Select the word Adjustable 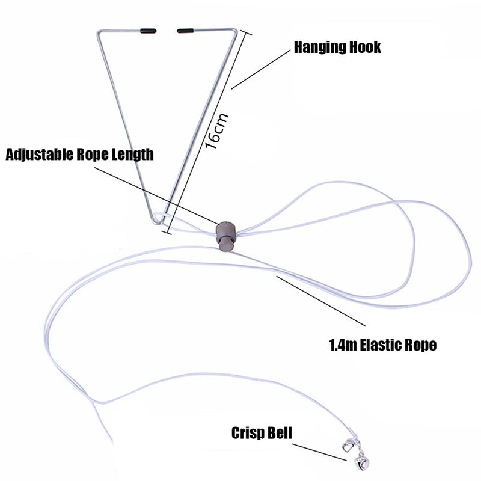tap(40, 155)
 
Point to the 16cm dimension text tap(216, 131)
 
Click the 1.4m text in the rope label tap(343, 345)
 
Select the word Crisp tap(248, 434)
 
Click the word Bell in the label tap(280, 432)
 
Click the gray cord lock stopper tap(227, 235)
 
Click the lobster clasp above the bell tap(349, 445)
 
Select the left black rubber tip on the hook tap(148, 31)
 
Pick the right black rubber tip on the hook tap(185, 31)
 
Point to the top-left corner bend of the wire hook tap(99, 32)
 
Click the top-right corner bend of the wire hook tap(235, 30)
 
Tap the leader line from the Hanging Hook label tap(260, 69)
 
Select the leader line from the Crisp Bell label tap(319, 452)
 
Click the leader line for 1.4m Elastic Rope tap(321, 301)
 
